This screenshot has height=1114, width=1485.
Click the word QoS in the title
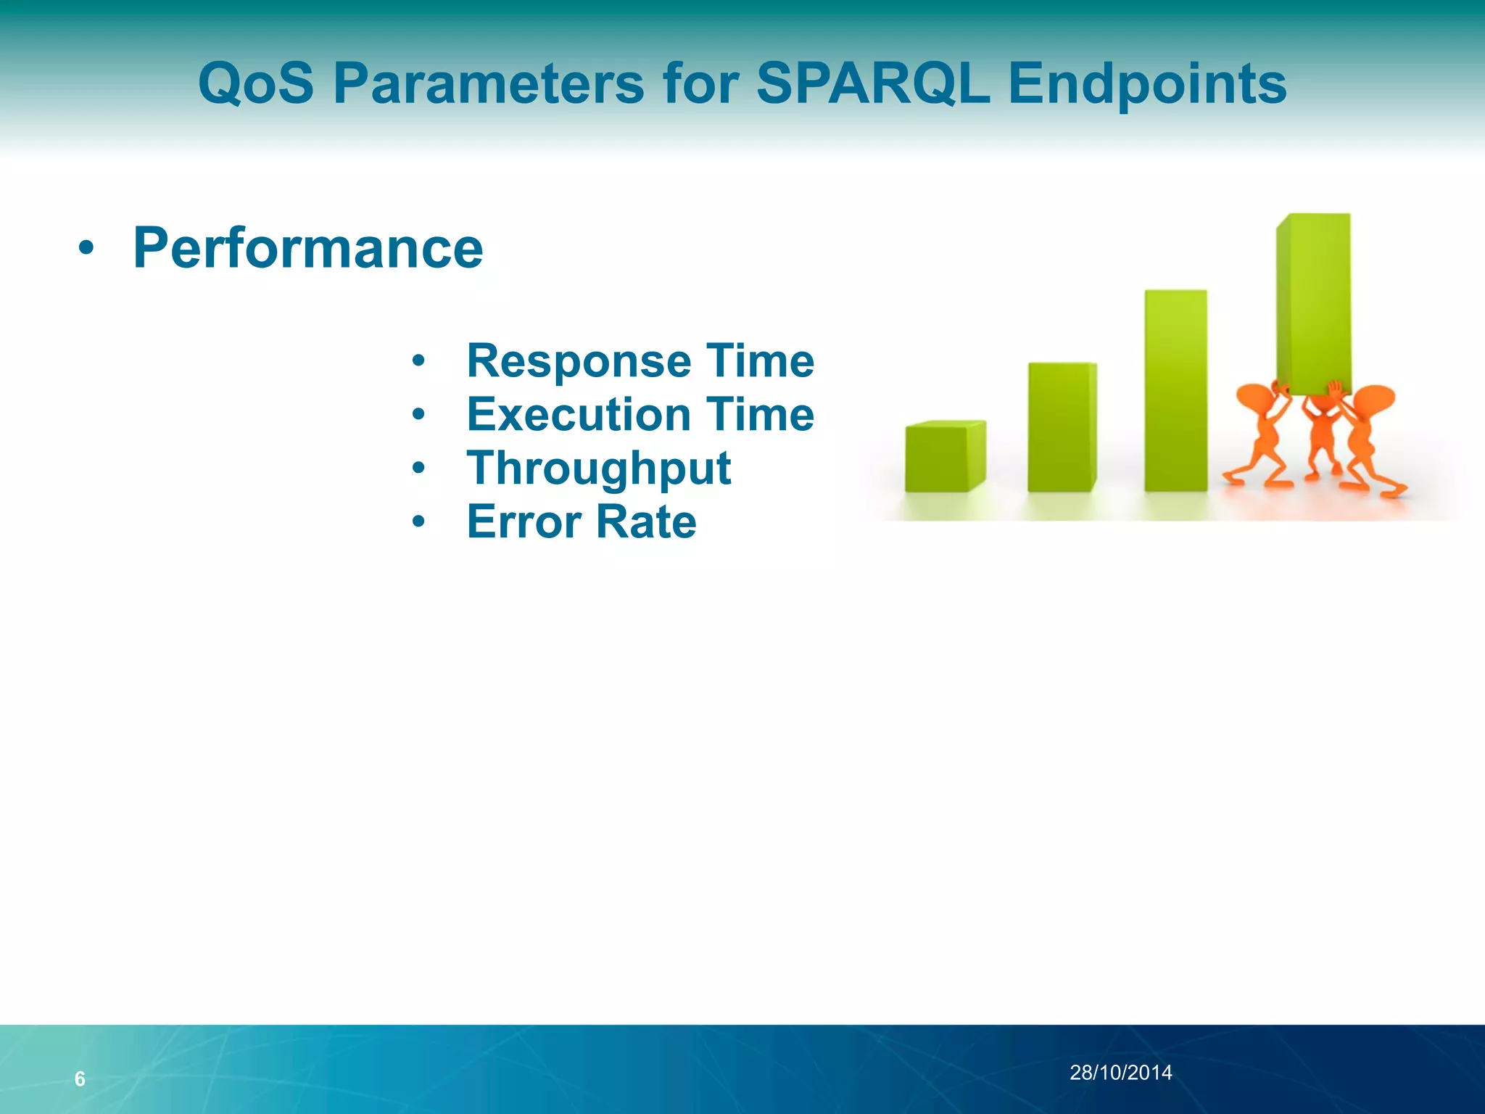pyautogui.click(x=256, y=83)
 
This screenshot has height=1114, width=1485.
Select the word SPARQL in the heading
pyautogui.click(x=872, y=83)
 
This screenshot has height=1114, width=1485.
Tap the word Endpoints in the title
pyautogui.click(x=1147, y=85)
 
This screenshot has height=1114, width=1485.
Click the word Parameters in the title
pyautogui.click(x=488, y=83)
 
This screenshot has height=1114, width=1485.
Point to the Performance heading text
pyautogui.click(x=308, y=248)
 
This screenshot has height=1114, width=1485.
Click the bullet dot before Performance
pyautogui.click(x=86, y=249)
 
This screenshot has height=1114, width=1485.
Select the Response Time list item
pyautogui.click(x=640, y=360)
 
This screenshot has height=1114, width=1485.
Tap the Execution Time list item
pyautogui.click(x=640, y=414)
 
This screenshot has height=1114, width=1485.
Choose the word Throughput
pyautogui.click(x=599, y=469)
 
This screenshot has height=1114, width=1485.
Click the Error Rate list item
pyautogui.click(x=582, y=521)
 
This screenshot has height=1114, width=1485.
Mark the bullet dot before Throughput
pyautogui.click(x=418, y=468)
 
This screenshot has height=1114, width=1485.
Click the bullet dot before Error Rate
pyautogui.click(x=418, y=521)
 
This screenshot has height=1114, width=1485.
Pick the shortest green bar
pyautogui.click(x=943, y=457)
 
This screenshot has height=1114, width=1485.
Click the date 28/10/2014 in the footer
pyautogui.click(x=1120, y=1073)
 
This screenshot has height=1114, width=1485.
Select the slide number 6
pyautogui.click(x=80, y=1079)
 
